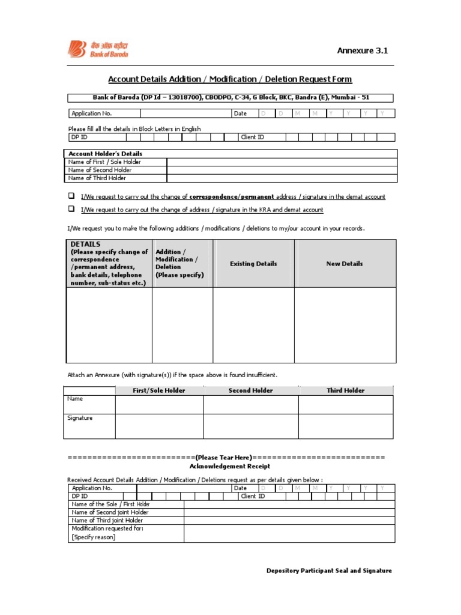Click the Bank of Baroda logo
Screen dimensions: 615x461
[98, 49]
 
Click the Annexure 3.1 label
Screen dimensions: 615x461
[362, 50]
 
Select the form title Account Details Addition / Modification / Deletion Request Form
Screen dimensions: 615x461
[230, 79]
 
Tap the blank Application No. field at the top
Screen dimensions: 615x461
[185, 113]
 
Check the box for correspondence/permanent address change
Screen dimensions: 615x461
[71, 196]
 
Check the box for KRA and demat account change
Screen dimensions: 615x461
[71, 209]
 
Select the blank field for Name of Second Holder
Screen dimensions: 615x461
[282, 170]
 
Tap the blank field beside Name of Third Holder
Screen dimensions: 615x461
[282, 178]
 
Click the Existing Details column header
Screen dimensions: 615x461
[254, 264]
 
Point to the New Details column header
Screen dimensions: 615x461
[345, 264]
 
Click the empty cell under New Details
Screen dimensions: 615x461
[345, 325]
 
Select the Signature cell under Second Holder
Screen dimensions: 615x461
[250, 426]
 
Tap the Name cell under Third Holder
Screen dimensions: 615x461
[346, 404]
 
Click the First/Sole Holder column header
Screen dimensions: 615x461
[159, 390]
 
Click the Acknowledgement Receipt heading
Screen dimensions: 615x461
[230, 466]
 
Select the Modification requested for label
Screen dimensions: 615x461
[107, 529]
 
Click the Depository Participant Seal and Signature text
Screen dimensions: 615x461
[329, 571]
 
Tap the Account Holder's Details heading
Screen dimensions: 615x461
[106, 154]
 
